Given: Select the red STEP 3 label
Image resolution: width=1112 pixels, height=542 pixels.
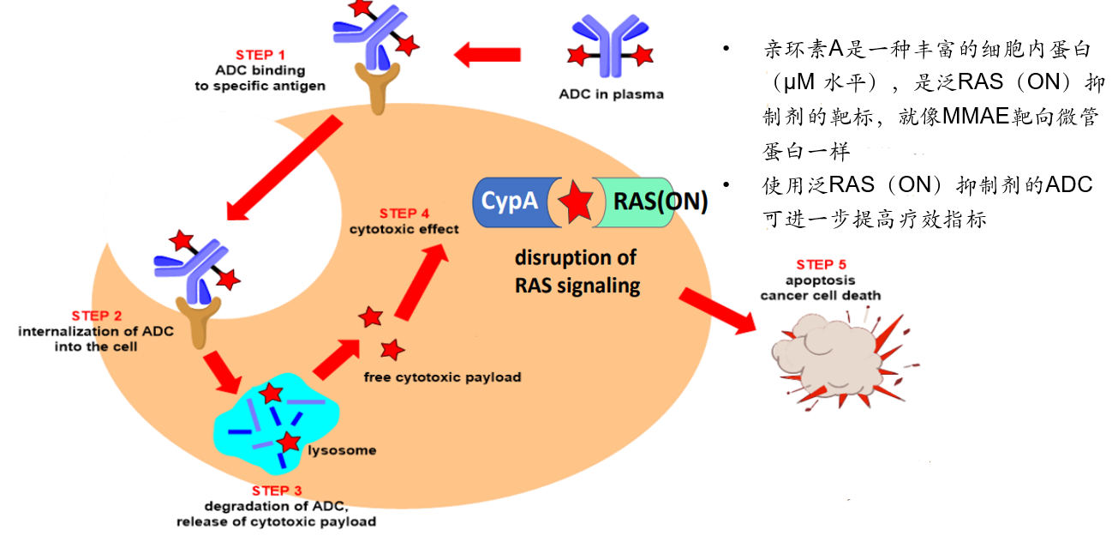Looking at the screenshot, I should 276,491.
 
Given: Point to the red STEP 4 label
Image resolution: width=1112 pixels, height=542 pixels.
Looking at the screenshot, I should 404,213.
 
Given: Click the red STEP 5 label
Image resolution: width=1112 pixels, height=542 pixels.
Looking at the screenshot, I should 821,264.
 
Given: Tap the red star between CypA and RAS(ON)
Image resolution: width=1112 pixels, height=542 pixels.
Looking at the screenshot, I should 576,202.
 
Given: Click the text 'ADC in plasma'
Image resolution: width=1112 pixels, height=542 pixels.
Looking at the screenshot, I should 611,94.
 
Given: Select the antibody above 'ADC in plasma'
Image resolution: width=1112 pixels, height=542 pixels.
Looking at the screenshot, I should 611,47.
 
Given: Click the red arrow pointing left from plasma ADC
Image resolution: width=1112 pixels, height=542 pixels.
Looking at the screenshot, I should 487,56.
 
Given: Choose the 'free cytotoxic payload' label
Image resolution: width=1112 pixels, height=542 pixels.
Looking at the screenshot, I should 441,377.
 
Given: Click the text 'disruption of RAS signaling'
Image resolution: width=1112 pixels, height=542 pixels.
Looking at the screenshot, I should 576,272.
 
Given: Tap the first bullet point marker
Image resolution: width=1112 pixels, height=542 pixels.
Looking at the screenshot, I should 726,48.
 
